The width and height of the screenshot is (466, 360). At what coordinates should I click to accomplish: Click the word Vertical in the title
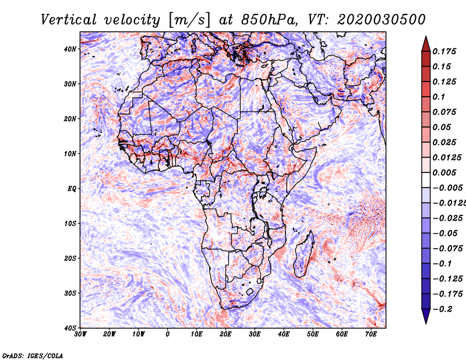pyautogui.click(x=68, y=20)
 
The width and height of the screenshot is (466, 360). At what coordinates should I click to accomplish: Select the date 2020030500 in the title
pyautogui.click(x=382, y=20)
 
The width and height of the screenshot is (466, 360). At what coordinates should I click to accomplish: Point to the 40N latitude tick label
pyautogui.click(x=70, y=49)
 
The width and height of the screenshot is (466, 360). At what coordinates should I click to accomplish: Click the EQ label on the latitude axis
pyautogui.click(x=72, y=189)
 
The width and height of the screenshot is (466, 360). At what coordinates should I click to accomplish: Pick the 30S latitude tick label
pyautogui.click(x=70, y=293)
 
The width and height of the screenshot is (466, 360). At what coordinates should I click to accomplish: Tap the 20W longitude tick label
pyautogui.click(x=109, y=334)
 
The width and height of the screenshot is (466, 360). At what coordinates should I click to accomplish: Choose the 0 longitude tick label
pyautogui.click(x=168, y=334)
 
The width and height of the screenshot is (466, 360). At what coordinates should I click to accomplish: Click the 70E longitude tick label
pyautogui.click(x=371, y=334)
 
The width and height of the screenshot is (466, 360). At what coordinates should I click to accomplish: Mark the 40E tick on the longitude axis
pyautogui.click(x=284, y=334)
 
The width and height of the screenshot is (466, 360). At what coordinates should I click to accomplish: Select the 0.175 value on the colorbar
pyautogui.click(x=444, y=51)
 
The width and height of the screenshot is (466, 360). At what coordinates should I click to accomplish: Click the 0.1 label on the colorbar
pyautogui.click(x=439, y=97)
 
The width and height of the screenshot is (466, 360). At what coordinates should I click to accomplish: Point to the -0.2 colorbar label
pyautogui.click(x=443, y=309)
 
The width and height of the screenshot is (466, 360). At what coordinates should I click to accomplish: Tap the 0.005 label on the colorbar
pyautogui.click(x=444, y=172)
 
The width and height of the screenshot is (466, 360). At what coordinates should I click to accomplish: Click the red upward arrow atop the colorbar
pyautogui.click(x=426, y=44)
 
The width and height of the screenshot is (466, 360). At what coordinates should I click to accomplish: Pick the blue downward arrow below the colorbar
pyautogui.click(x=426, y=316)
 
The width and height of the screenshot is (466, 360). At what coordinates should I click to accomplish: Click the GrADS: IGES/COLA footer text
pyautogui.click(x=33, y=355)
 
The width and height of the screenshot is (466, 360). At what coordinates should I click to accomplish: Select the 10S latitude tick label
pyautogui.click(x=70, y=223)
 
